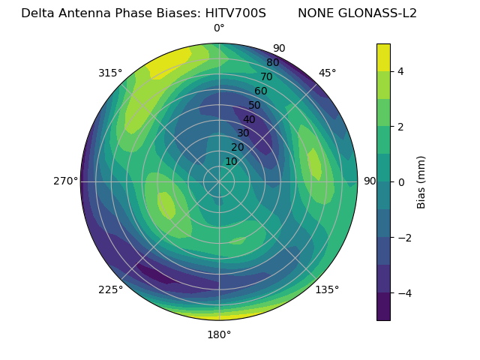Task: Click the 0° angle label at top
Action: (x=219, y=28)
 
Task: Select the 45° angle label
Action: (x=327, y=73)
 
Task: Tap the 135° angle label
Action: (x=327, y=289)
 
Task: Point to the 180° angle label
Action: (x=219, y=334)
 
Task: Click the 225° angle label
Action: (x=110, y=289)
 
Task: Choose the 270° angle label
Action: (x=65, y=181)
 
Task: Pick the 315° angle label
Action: (x=110, y=73)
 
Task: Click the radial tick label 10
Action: (x=231, y=161)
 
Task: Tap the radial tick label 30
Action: (x=243, y=133)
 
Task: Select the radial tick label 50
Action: (x=255, y=106)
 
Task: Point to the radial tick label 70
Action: (x=267, y=77)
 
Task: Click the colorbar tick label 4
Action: (x=400, y=71)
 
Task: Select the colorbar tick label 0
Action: (x=400, y=182)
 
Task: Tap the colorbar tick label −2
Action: (x=403, y=238)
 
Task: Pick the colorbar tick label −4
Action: (x=403, y=293)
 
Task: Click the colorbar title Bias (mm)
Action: (x=421, y=182)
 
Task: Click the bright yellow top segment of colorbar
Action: (x=383, y=57)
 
